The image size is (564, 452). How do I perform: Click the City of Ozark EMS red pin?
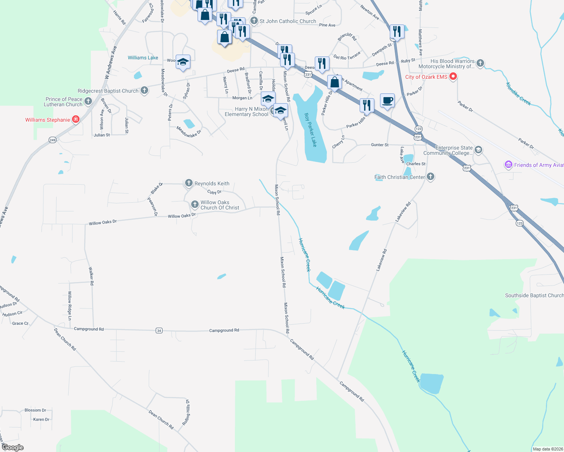pyautogui.click(x=453, y=77)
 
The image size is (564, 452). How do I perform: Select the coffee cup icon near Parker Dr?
pyautogui.click(x=387, y=101)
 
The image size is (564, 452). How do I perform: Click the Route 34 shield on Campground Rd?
pyautogui.click(x=159, y=331)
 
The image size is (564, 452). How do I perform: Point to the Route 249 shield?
pyautogui.click(x=52, y=140)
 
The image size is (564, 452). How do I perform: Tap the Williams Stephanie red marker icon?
pyautogui.click(x=76, y=120)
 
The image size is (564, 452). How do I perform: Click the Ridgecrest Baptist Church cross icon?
pyautogui.click(x=144, y=90)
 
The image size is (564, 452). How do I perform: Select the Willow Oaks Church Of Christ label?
pyautogui.click(x=220, y=205)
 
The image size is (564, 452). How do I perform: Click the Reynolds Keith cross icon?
pyautogui.click(x=189, y=183)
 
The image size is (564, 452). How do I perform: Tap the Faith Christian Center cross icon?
pyautogui.click(x=431, y=177)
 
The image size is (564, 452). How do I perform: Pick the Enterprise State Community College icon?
pyautogui.click(x=478, y=150)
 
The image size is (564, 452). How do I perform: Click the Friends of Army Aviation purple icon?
pyautogui.click(x=508, y=165)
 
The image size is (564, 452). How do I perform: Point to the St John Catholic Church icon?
pyautogui.click(x=254, y=21)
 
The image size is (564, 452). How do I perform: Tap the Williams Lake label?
pyautogui.click(x=143, y=58)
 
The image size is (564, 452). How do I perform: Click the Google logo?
pyautogui.click(x=12, y=447)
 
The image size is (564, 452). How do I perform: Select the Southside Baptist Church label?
pyautogui.click(x=534, y=295)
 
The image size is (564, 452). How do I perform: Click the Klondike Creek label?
pyautogui.click(x=518, y=94)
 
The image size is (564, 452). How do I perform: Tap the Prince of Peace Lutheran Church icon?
pyautogui.click(x=88, y=101)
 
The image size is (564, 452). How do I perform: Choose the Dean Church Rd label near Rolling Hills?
pyautogui.click(x=161, y=420)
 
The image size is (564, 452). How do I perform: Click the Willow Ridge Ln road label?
pyautogui.click(x=70, y=305)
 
